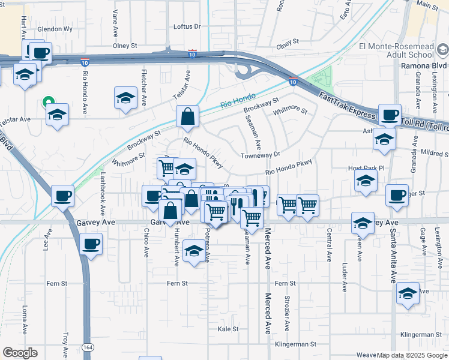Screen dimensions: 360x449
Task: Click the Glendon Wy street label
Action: tap(55, 29)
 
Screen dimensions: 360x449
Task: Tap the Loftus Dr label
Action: tap(187, 26)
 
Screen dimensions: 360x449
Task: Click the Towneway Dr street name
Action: tap(261, 155)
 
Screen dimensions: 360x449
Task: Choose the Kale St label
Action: tap(229, 329)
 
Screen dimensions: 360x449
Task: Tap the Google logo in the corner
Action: tap(20, 353)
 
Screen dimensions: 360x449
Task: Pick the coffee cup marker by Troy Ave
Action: tap(91, 244)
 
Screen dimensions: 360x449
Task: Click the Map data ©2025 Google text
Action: tap(412, 355)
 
